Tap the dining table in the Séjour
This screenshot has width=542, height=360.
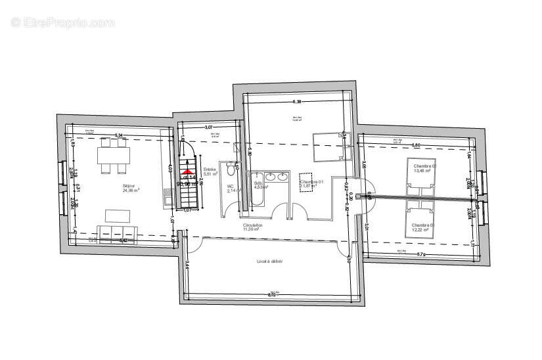coord(113,156)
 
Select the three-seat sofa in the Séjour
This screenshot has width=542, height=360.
coord(117,231)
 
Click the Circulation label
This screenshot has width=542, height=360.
coord(253,227)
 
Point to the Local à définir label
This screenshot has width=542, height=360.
coord(269,261)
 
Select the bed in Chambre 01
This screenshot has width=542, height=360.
coord(327,146)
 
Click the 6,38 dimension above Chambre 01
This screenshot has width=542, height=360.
coord(298,102)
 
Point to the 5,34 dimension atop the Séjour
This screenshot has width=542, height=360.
coord(120,135)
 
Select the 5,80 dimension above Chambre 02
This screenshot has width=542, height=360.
coord(416,145)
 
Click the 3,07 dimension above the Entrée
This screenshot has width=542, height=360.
coord(209,126)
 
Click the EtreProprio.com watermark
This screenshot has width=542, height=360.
coord(62,22)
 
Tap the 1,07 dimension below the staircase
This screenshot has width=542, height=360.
coord(187,210)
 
